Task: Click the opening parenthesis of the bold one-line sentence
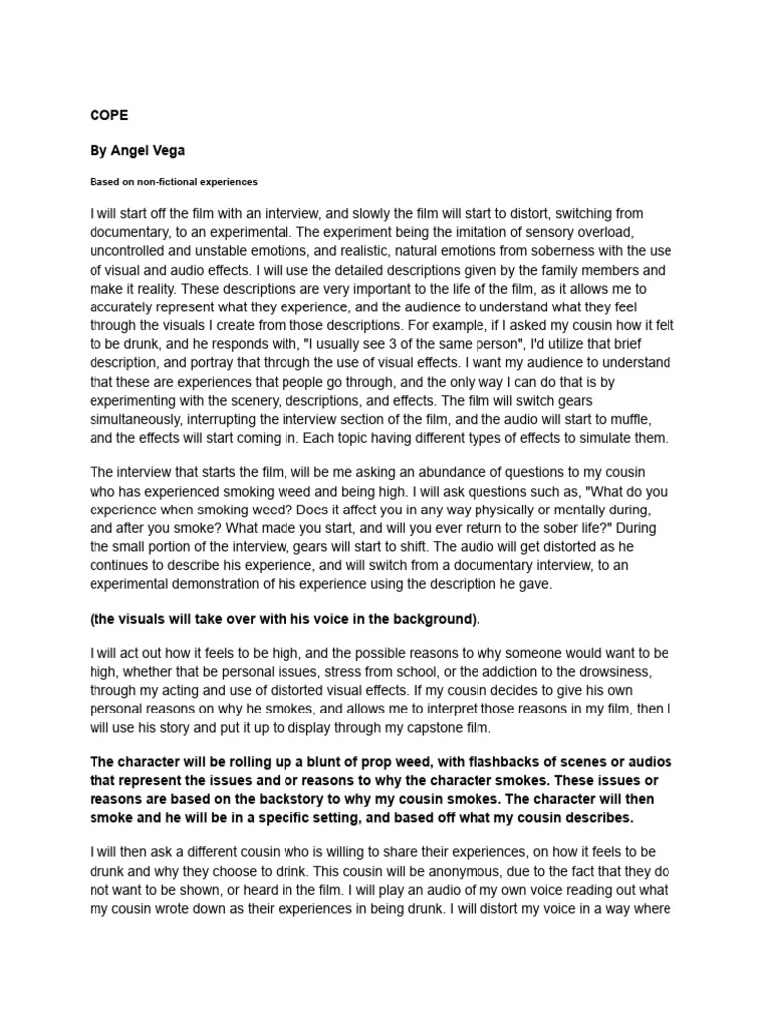(x=92, y=618)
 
